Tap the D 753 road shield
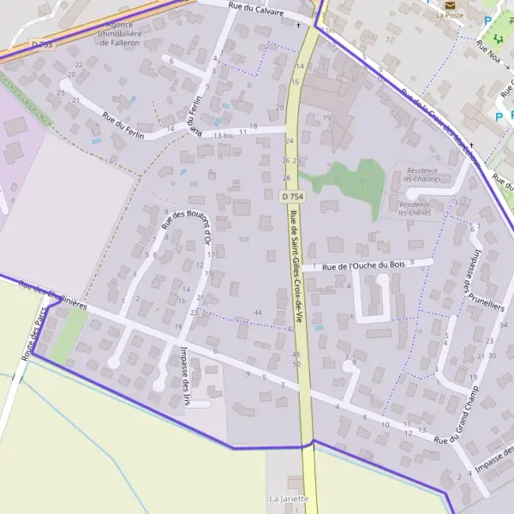tap(42, 44)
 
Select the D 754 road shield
tap(292, 196)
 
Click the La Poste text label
tap(449, 15)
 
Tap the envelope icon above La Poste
tap(450, 3)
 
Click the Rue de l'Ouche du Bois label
tap(363, 266)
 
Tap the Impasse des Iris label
tap(185, 369)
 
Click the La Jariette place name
tap(289, 499)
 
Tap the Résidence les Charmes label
tap(422, 175)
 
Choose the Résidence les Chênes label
tap(415, 209)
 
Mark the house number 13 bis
tap(223, 135)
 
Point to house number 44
tap(258, 313)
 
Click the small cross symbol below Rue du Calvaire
tap(298, 25)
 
